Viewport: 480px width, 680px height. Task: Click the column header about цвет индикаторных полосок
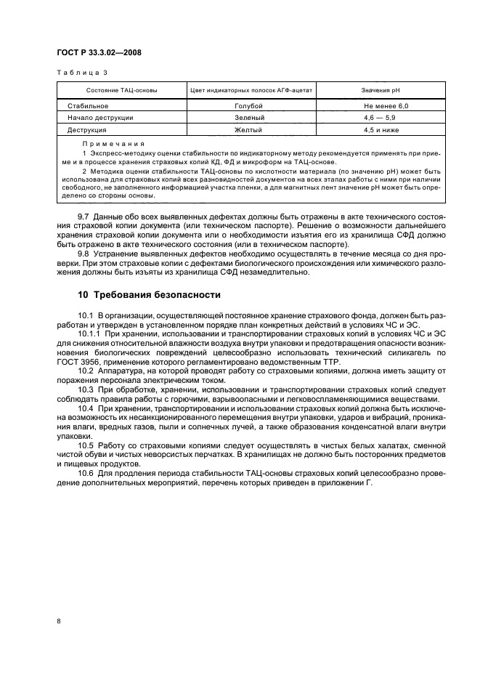pos(251,90)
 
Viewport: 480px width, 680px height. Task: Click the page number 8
pos(60,621)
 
